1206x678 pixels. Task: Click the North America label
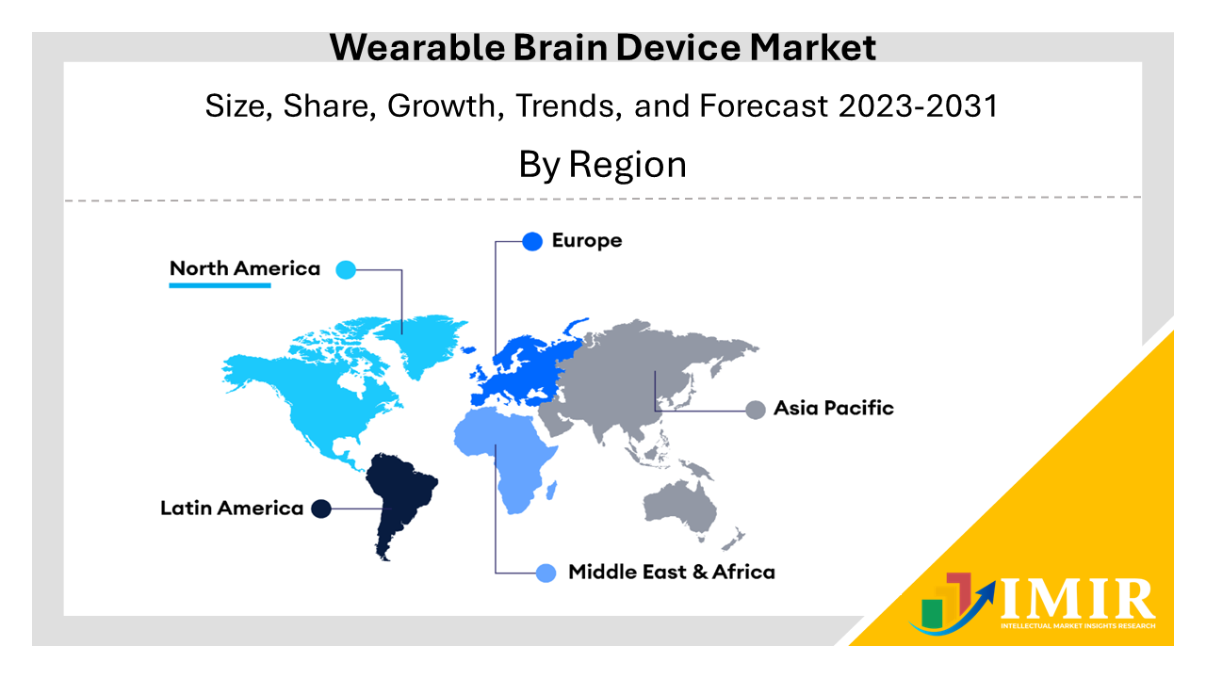pyautogui.click(x=245, y=268)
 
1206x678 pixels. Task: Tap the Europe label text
pyautogui.click(x=587, y=240)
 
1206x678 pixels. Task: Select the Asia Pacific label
pyautogui.click(x=834, y=408)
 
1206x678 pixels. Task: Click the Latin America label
pyautogui.click(x=232, y=508)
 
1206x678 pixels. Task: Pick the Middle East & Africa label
pyautogui.click(x=672, y=572)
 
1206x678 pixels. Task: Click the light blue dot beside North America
pyautogui.click(x=346, y=269)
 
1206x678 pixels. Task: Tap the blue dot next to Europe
pyautogui.click(x=532, y=242)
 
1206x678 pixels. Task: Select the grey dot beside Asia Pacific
pyautogui.click(x=756, y=410)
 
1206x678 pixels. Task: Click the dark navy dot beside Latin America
pyautogui.click(x=321, y=508)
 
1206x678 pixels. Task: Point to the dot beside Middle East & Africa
pyautogui.click(x=546, y=573)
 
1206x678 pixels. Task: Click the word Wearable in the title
pyautogui.click(x=417, y=47)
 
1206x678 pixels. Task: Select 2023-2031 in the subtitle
pyautogui.click(x=918, y=105)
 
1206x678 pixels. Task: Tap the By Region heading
pyautogui.click(x=602, y=164)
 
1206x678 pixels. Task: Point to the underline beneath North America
pyautogui.click(x=220, y=285)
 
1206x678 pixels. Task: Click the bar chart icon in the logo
pyautogui.click(x=947, y=602)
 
